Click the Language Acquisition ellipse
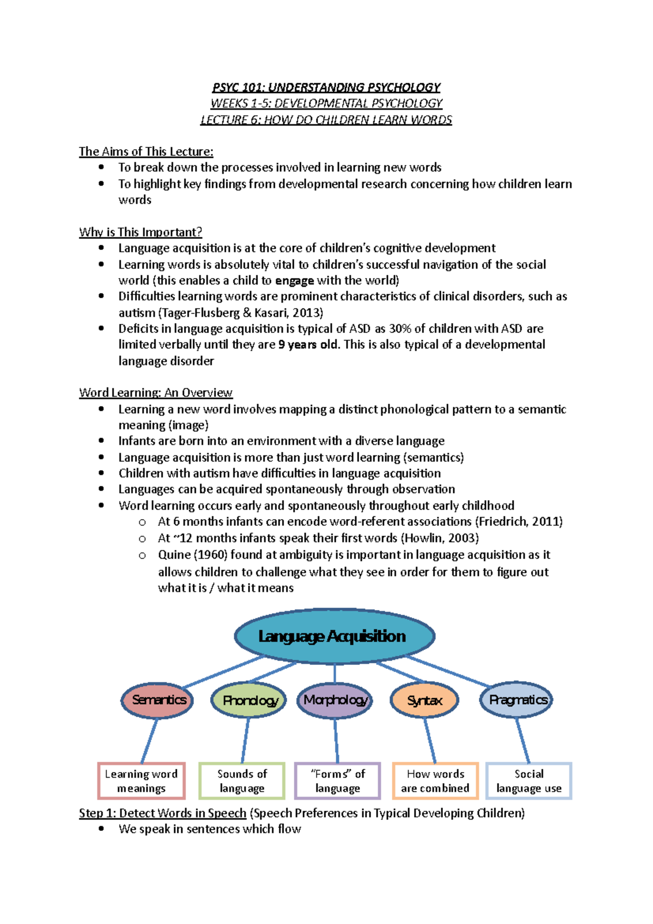coord(334,636)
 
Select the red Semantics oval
coord(158,700)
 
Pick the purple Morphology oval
coord(335,700)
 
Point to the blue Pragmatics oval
coord(516,700)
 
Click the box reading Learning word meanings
coord(141,781)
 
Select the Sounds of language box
coord(242,781)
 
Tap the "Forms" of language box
coord(337,781)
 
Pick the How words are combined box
coord(435,781)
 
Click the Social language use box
coord(528,781)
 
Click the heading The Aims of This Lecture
coord(146,152)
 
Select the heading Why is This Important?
coord(140,232)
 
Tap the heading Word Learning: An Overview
coord(156,393)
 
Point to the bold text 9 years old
coord(307,345)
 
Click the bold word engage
coord(294,281)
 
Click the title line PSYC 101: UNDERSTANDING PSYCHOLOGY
coord(326,88)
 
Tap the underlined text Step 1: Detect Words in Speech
coord(163,814)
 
